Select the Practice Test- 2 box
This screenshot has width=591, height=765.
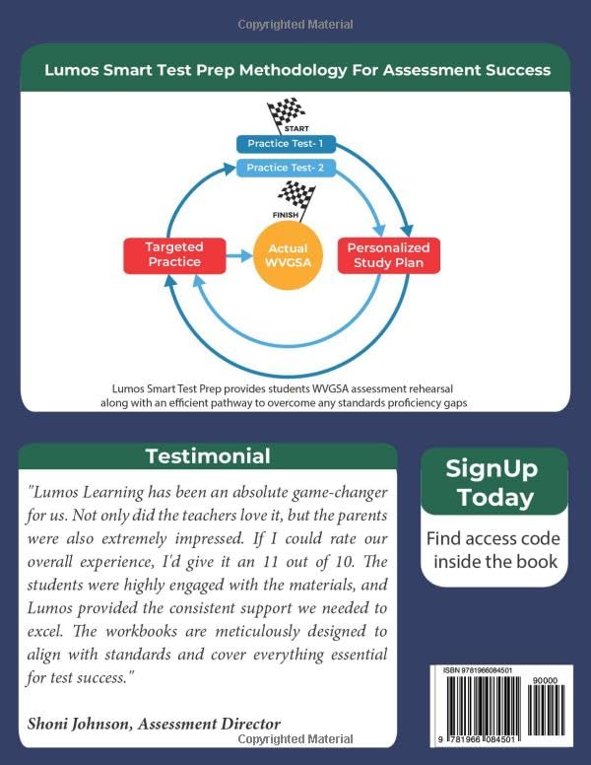285,169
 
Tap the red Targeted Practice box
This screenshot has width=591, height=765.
173,255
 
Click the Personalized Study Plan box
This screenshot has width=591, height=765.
389,255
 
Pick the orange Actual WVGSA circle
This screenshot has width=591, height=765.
288,255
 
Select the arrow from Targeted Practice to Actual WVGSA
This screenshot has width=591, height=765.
238,255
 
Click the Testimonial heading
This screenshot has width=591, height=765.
207,456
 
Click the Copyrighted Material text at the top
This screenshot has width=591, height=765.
295,24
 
